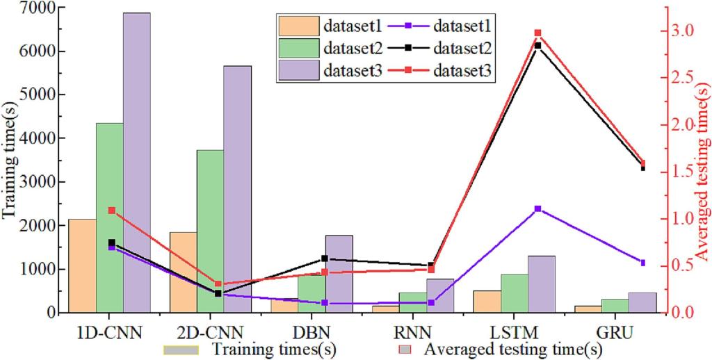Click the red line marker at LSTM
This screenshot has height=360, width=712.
(537, 33)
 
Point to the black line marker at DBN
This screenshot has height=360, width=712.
(325, 259)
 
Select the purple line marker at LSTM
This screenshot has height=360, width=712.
(537, 208)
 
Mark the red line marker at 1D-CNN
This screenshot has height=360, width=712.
(111, 210)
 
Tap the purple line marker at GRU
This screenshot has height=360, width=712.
(642, 263)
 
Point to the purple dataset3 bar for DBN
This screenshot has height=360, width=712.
(339, 274)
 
